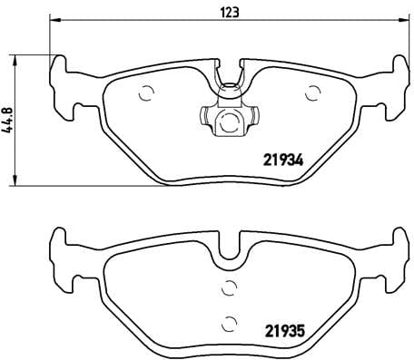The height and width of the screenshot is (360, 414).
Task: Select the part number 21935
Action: click(281, 331)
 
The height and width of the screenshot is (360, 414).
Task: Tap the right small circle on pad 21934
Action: click(314, 91)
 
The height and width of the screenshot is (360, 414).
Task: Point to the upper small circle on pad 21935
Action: click(229, 290)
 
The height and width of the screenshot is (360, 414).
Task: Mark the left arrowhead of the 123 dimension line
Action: click(53, 21)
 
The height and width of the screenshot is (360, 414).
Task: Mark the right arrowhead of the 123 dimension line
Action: click(404, 21)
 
